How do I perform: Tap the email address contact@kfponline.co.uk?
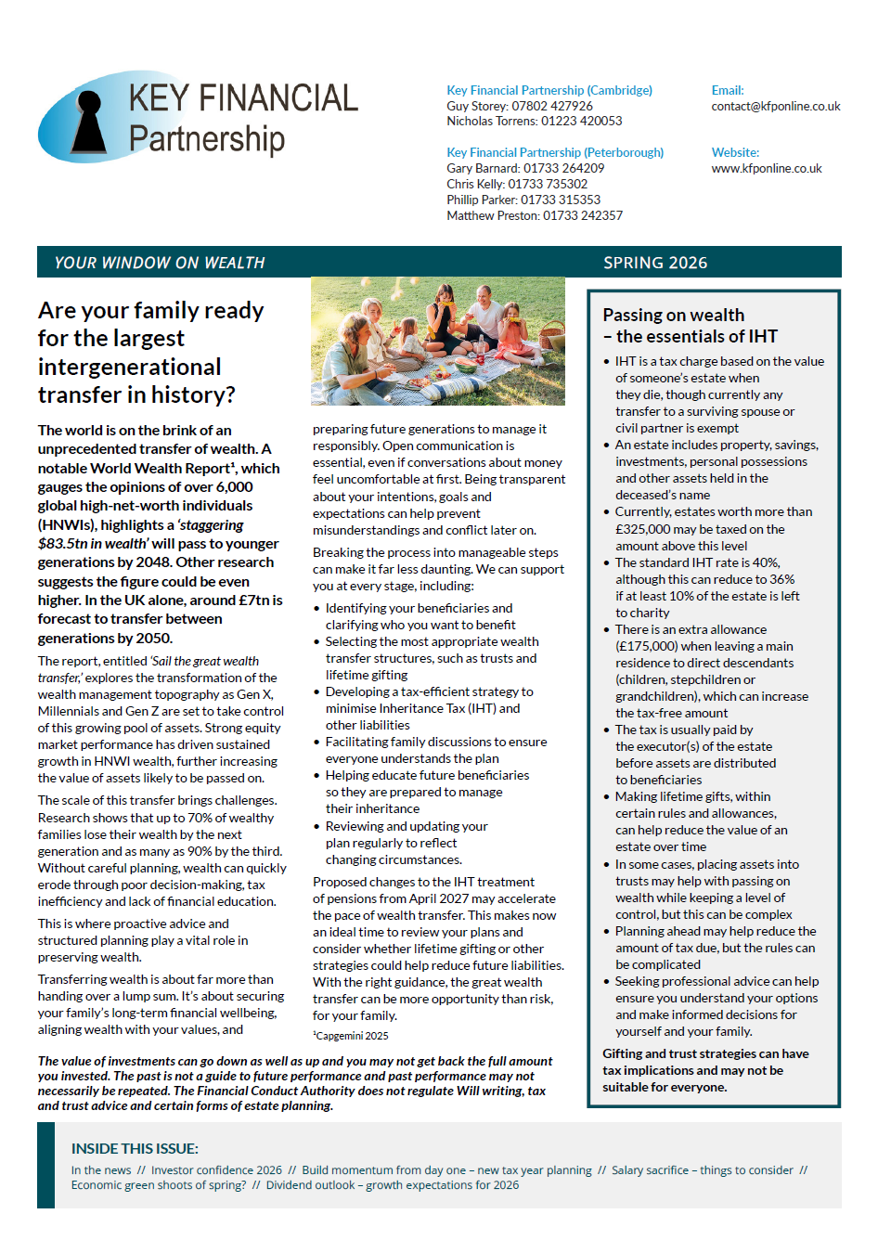pyautogui.click(x=776, y=107)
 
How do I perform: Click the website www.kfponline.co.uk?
pyautogui.click(x=767, y=169)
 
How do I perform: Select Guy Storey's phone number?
pyautogui.click(x=552, y=106)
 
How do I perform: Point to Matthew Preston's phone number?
pyautogui.click(x=583, y=215)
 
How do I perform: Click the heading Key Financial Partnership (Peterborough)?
pyautogui.click(x=555, y=152)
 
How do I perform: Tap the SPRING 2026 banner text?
pyautogui.click(x=655, y=263)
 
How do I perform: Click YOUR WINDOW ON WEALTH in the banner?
pyautogui.click(x=160, y=263)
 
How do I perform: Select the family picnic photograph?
pyautogui.click(x=438, y=340)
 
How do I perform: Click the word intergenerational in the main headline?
pyautogui.click(x=130, y=367)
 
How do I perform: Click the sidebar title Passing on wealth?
pyautogui.click(x=673, y=316)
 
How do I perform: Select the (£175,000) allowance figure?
pyautogui.click(x=652, y=646)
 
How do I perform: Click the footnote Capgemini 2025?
pyautogui.click(x=352, y=1036)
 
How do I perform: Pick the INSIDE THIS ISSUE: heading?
pyautogui.click(x=135, y=1149)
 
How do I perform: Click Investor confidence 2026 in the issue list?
pyautogui.click(x=216, y=1170)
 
